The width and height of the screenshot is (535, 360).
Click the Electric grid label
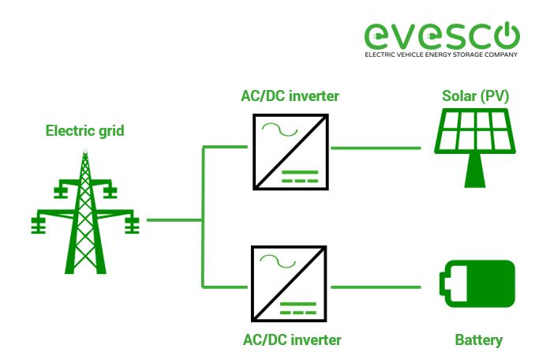[x=84, y=130]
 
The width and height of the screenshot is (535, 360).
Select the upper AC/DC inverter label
[x=290, y=96]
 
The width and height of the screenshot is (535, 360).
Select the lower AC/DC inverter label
[x=290, y=339]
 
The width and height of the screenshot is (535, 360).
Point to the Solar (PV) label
[x=475, y=96]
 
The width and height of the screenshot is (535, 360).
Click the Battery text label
[x=478, y=340]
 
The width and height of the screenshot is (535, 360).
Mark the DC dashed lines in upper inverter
[x=305, y=176]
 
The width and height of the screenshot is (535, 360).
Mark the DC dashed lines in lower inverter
[x=305, y=308]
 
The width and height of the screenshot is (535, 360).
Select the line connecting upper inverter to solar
[x=376, y=147]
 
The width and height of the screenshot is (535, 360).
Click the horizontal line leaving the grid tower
[x=174, y=219]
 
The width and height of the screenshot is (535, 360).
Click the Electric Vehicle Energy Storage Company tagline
[x=441, y=55]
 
